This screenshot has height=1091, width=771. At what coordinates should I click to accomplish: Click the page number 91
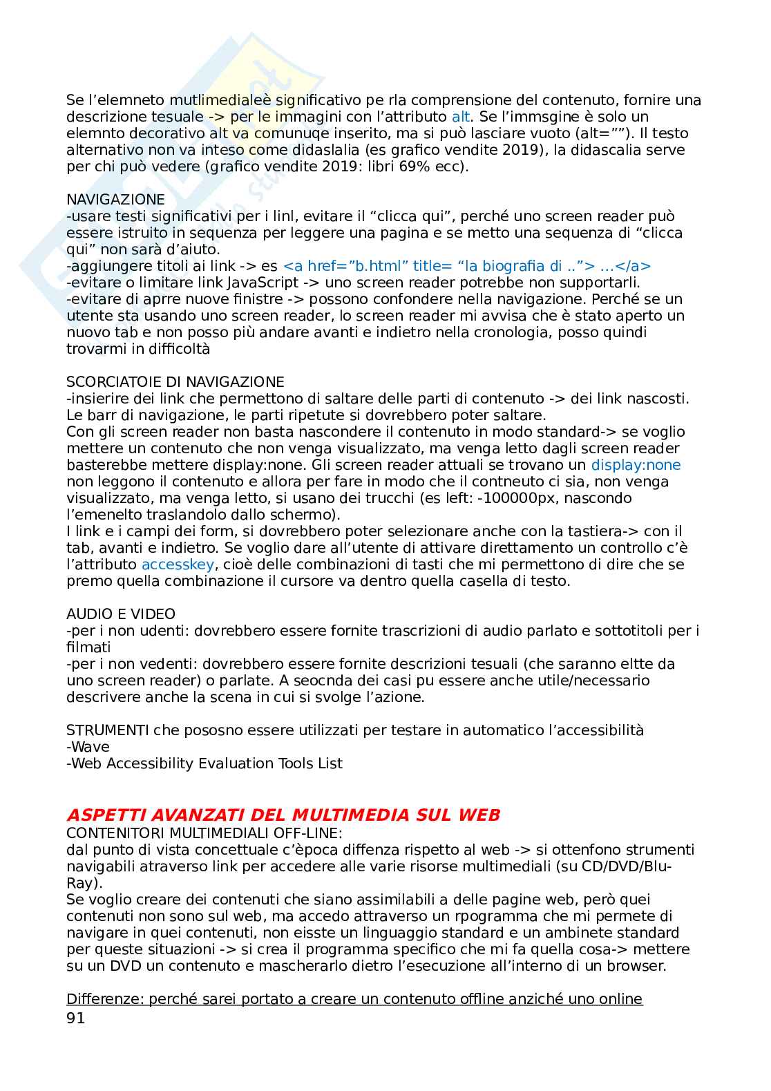tap(75, 1018)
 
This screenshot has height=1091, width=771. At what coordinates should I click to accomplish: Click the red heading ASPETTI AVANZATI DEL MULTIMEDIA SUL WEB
tap(283, 815)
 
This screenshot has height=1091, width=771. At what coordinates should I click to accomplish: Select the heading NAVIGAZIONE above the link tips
tap(115, 200)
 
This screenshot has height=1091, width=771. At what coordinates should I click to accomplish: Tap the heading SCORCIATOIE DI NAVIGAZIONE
tap(175, 382)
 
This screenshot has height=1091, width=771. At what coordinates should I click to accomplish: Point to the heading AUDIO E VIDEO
tap(120, 614)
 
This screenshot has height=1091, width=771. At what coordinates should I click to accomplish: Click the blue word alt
tap(461, 117)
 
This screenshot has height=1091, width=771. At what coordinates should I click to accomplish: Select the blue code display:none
tap(636, 465)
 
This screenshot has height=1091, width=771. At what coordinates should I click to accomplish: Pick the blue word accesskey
tap(178, 565)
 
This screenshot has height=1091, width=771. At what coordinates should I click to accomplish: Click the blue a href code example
tap(467, 266)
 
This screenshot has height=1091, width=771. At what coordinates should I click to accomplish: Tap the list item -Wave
tap(88, 747)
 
